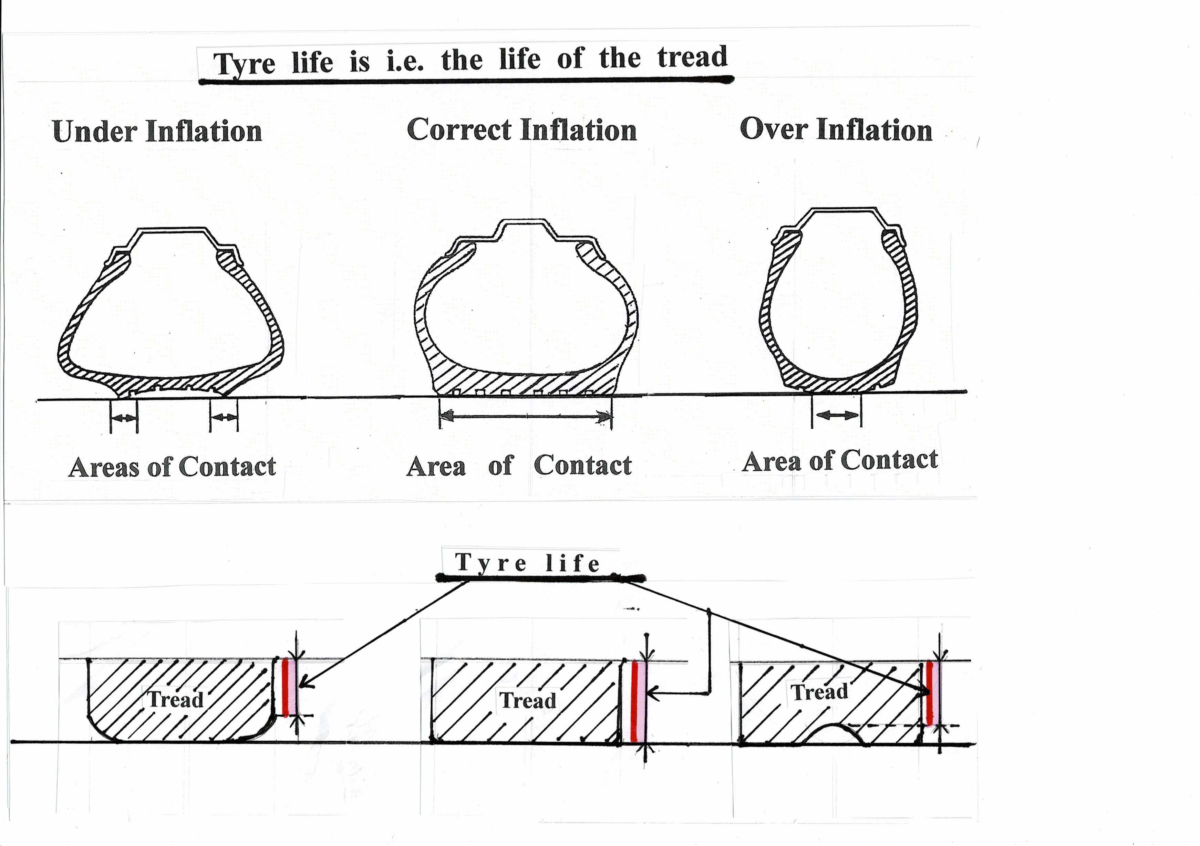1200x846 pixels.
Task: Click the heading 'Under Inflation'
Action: [157, 131]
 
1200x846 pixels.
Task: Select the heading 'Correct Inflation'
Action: [521, 130]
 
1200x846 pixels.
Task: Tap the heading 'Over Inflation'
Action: [836, 129]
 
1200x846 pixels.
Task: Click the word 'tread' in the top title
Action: [692, 58]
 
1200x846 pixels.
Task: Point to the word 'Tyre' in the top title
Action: [244, 65]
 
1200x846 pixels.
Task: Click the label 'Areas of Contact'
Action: [172, 467]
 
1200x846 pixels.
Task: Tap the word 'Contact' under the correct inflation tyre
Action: [582, 465]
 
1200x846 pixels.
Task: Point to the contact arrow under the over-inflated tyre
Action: [837, 415]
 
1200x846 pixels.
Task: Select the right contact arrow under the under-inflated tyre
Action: [224, 417]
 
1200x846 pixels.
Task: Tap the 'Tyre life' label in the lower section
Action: [528, 563]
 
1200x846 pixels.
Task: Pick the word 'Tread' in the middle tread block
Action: [528, 700]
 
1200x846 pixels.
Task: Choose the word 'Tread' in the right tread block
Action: [819, 692]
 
